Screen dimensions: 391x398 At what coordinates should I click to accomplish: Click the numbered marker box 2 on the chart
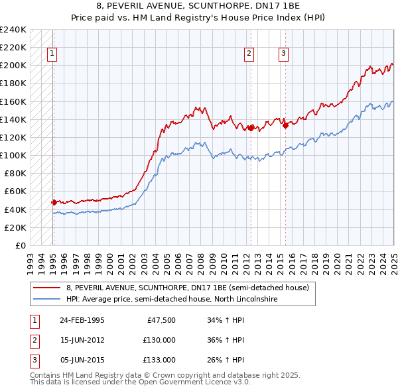click(249, 54)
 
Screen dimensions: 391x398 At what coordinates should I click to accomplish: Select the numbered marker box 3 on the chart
click(283, 54)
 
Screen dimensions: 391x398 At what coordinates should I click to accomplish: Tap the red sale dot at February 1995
click(54, 202)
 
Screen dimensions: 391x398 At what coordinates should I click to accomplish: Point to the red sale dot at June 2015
click(285, 125)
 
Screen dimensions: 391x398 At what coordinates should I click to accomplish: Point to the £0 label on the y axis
click(20, 245)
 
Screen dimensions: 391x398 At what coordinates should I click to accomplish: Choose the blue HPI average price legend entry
click(171, 299)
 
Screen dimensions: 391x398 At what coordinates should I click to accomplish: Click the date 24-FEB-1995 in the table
click(82, 320)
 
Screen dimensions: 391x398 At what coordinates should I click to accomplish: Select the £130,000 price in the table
click(159, 340)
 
